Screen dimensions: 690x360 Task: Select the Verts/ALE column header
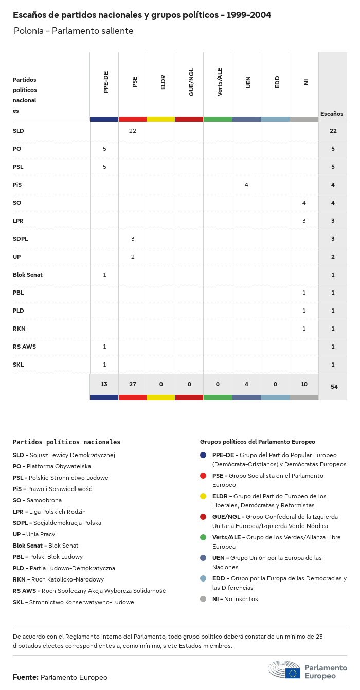pos(220,82)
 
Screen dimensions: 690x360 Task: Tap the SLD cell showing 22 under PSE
pos(133,131)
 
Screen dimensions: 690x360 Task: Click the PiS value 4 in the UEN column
pos(246,185)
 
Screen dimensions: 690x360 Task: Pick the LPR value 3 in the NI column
pos(304,221)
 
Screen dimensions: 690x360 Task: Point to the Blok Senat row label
pos(28,275)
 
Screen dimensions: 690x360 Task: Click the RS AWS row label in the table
pos(24,347)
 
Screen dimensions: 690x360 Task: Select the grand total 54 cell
pos(334,387)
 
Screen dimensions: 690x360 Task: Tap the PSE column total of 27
pos(133,384)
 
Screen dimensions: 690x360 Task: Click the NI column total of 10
pos(304,384)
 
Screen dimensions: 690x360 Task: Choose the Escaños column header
pos(332,114)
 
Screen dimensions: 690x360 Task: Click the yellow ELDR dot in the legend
pos(203,496)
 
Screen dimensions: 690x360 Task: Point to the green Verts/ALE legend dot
pos(203,537)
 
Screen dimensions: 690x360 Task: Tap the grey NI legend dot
pos(203,599)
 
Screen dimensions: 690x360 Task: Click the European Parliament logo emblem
pos(284,670)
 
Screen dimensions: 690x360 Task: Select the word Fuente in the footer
pos(25,677)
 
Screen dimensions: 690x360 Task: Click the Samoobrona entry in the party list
pos(44,500)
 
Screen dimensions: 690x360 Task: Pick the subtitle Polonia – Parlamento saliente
pos(74,31)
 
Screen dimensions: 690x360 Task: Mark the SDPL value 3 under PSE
pos(133,239)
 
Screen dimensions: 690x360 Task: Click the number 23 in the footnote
pos(318,637)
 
